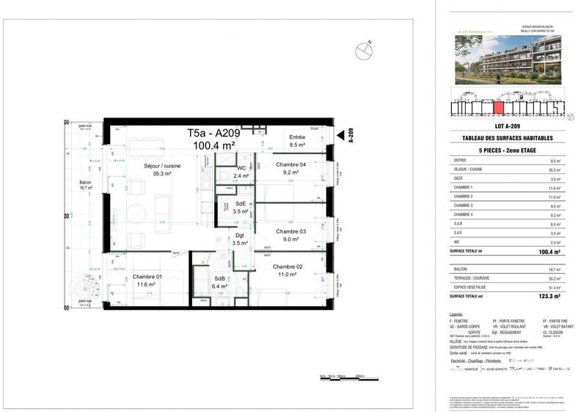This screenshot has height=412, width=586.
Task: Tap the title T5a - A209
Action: click(x=212, y=134)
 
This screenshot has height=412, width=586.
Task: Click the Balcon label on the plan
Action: click(x=86, y=184)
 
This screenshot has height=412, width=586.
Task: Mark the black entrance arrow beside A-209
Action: click(x=340, y=136)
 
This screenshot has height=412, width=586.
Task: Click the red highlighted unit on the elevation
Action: click(x=499, y=109)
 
